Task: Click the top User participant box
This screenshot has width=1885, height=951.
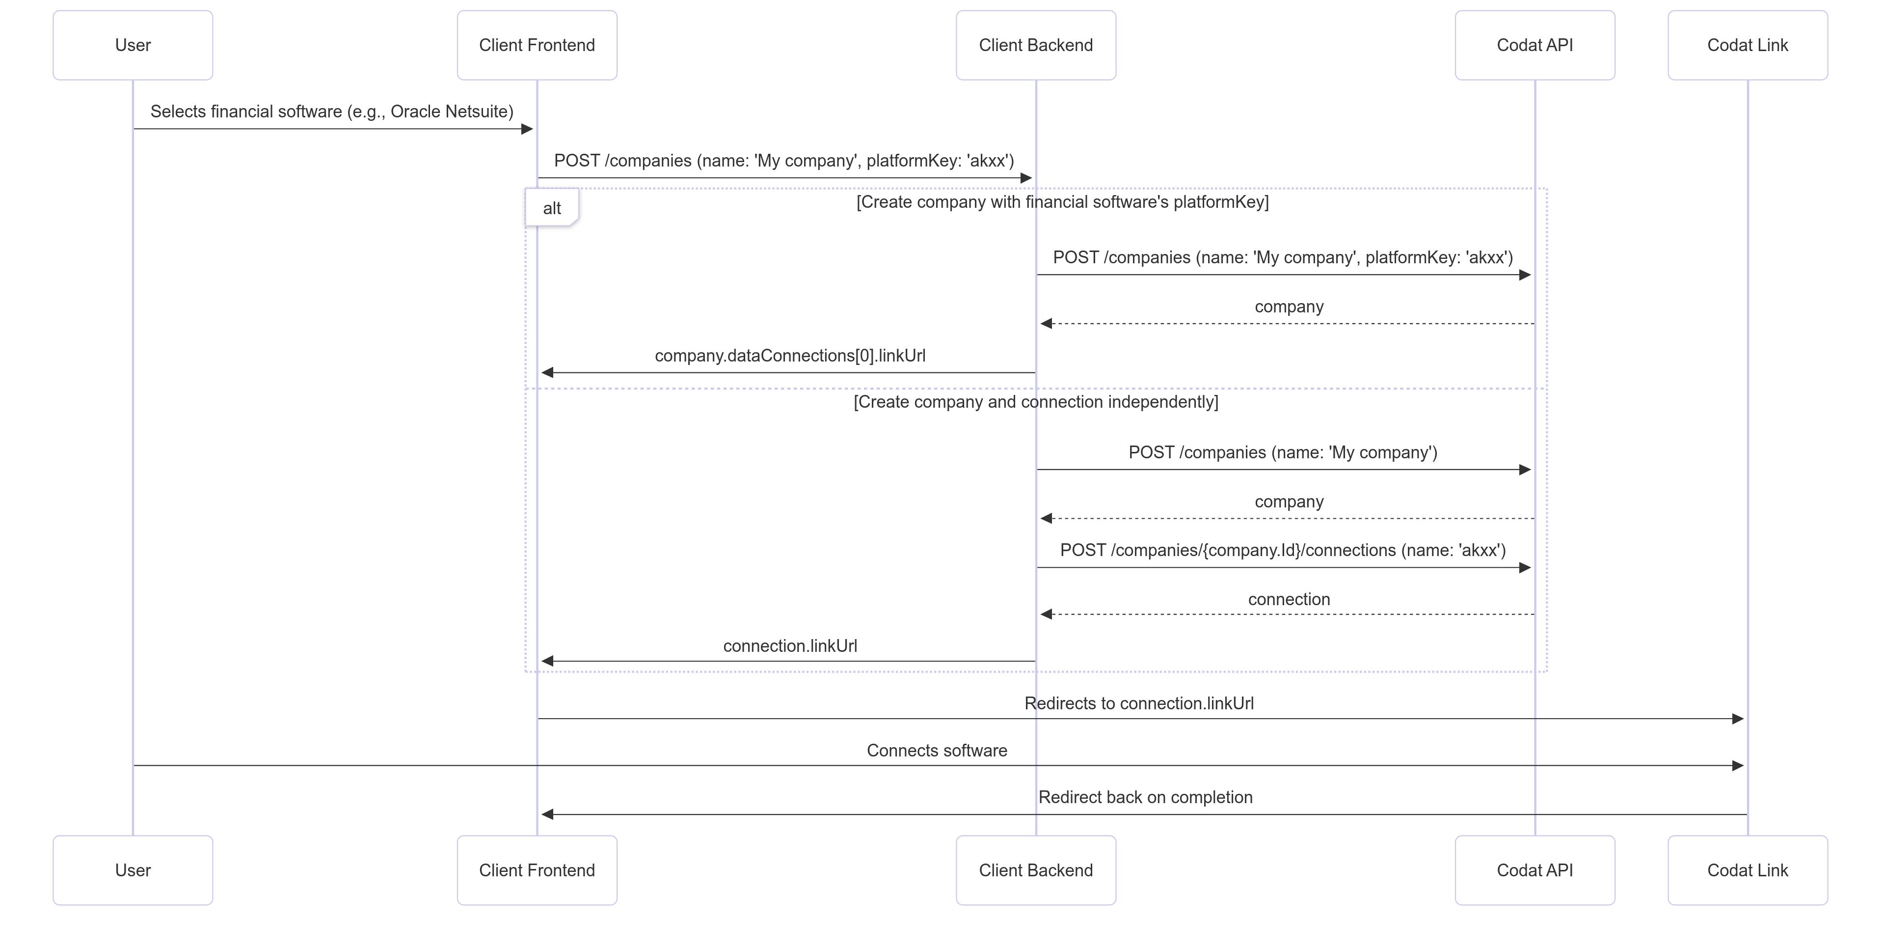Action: [x=133, y=45]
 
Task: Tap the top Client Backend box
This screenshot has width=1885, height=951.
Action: [x=1035, y=45]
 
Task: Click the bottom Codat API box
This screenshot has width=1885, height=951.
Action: [x=1535, y=870]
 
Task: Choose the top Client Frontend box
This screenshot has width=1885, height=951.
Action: [x=537, y=45]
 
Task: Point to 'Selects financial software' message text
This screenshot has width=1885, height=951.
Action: [x=331, y=112]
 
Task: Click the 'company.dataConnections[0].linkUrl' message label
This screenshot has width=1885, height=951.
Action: [x=789, y=356]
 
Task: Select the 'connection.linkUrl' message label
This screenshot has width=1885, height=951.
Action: [x=789, y=646]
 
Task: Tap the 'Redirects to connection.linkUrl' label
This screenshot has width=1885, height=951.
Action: [x=1139, y=703]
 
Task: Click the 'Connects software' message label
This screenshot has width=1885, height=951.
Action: [x=937, y=751]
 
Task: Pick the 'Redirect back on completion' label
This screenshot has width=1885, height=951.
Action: [x=1145, y=797]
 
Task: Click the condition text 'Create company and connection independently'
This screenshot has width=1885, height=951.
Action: [x=1035, y=402]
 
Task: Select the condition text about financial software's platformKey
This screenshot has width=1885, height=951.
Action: [x=1062, y=202]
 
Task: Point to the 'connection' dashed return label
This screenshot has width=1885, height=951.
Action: [x=1289, y=599]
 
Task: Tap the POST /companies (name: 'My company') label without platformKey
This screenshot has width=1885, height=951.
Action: [x=1282, y=452]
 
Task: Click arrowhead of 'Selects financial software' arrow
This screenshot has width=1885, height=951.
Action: [x=527, y=130]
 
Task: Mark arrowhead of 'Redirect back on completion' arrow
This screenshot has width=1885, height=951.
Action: [x=547, y=814]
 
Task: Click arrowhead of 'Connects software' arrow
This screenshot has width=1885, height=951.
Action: [x=1738, y=766]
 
